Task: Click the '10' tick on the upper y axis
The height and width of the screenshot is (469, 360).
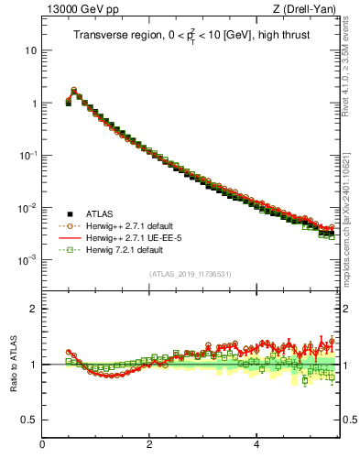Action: coord(30,51)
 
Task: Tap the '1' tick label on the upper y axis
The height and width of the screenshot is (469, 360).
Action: coord(33,104)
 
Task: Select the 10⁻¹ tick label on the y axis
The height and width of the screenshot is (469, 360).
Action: coord(28,156)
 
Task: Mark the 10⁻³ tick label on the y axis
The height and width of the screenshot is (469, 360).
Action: coord(28,260)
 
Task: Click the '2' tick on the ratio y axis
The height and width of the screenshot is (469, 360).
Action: coord(33,309)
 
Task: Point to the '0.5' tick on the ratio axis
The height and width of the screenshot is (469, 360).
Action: coord(29,420)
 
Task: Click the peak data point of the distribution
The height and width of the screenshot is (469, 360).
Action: coord(73,91)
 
